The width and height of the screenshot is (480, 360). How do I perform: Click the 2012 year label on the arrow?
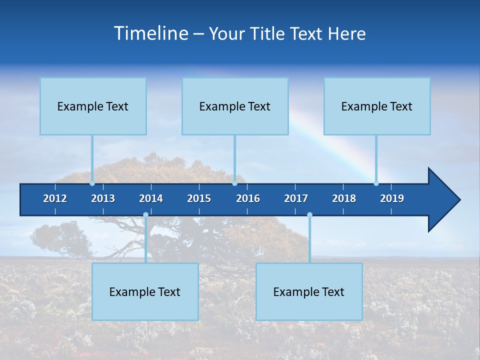coord(55,198)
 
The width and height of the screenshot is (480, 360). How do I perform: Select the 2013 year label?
coord(103,198)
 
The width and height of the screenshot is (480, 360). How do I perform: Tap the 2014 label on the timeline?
coord(151,198)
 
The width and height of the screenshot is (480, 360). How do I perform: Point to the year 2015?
coord(199,198)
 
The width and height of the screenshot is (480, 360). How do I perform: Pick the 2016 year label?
coord(248,198)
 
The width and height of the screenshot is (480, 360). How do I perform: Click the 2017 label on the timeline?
coord(296,198)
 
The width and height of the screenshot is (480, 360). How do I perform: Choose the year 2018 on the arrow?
coord(344,198)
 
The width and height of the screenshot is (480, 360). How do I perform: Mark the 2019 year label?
coord(392,198)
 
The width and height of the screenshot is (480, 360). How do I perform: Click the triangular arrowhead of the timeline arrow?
coord(442,200)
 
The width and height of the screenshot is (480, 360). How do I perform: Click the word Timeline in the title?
coord(151,33)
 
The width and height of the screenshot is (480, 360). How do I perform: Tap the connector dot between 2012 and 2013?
coord(92,183)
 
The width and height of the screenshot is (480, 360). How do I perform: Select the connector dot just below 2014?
coord(145,215)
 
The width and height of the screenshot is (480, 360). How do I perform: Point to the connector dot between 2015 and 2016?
coord(234,183)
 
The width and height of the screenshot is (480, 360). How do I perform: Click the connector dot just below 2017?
coord(309,215)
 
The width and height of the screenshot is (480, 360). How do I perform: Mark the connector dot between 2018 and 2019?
coord(376,183)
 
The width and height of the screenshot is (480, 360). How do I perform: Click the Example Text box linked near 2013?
coord(93,106)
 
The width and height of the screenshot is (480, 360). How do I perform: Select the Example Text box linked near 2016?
coord(235,106)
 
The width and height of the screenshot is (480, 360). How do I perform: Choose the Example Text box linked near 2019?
coord(377,106)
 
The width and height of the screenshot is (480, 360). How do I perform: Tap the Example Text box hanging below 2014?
coord(145,291)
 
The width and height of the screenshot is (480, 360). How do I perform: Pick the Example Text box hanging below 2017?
coord(309,291)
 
